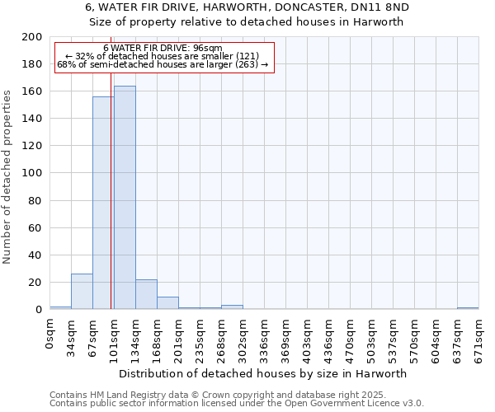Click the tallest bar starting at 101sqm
[x=125, y=198]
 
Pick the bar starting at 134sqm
[x=146, y=294]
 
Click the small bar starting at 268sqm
[x=232, y=307]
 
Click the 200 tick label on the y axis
[x=32, y=37]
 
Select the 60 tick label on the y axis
[x=35, y=228]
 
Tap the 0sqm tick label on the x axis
[x=50, y=333]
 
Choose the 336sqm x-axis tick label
[x=265, y=338]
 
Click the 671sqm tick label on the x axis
[x=479, y=338]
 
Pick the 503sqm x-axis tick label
[x=372, y=338]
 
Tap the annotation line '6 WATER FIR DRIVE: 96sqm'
[x=163, y=49]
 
